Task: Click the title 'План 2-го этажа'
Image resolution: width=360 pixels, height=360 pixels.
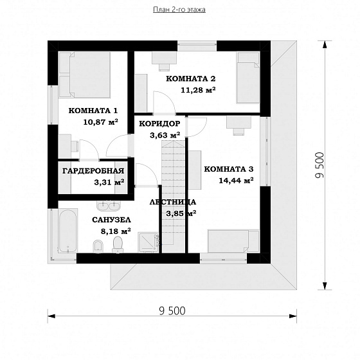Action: click(x=179, y=10)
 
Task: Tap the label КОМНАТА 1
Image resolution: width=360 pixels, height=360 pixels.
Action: click(x=93, y=111)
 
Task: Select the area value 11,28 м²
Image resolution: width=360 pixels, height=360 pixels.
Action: click(x=198, y=90)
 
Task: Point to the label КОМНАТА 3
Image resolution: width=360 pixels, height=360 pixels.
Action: click(x=229, y=169)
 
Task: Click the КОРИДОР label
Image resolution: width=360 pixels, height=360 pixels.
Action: click(x=160, y=123)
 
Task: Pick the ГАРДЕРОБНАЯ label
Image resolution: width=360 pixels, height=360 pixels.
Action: click(x=93, y=171)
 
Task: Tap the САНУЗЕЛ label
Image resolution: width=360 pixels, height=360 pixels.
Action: click(x=111, y=220)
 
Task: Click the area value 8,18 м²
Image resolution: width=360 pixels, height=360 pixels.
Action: click(x=116, y=231)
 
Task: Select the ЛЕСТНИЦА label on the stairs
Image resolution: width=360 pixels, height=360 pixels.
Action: click(x=173, y=202)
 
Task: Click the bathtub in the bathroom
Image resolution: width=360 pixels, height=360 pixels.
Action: click(x=67, y=231)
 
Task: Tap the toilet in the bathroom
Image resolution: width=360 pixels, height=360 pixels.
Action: click(x=118, y=245)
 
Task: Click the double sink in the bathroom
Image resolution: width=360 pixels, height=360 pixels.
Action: click(x=109, y=206)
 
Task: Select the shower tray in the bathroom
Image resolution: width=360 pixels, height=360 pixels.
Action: click(x=148, y=242)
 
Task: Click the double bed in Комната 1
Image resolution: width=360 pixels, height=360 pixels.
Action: click(x=84, y=75)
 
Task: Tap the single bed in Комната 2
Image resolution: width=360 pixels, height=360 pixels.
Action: click(x=248, y=78)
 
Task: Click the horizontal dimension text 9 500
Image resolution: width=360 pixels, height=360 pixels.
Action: click(x=172, y=311)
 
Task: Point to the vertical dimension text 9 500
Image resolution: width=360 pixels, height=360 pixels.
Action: click(x=319, y=165)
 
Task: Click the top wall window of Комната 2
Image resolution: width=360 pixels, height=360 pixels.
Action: click(x=197, y=46)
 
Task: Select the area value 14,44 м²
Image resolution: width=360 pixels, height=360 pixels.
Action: click(x=236, y=181)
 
